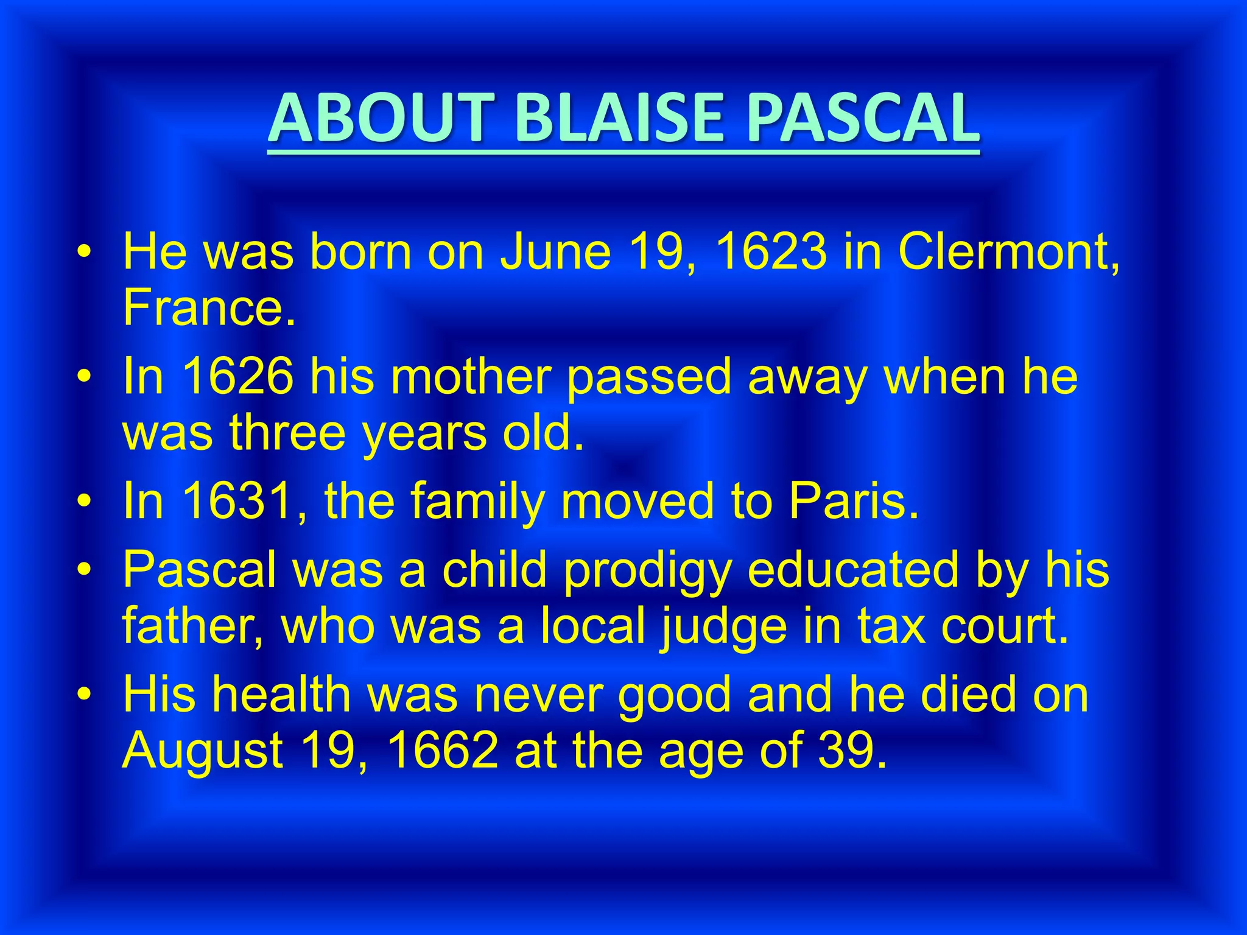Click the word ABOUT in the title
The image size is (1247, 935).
[x=378, y=118]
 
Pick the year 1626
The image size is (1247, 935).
[x=237, y=376]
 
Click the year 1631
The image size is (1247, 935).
[x=237, y=500]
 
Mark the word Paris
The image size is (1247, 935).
[x=852, y=500]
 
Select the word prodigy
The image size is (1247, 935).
[x=646, y=571]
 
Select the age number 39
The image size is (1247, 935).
[x=850, y=750]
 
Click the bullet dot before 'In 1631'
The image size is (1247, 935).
[x=85, y=501]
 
